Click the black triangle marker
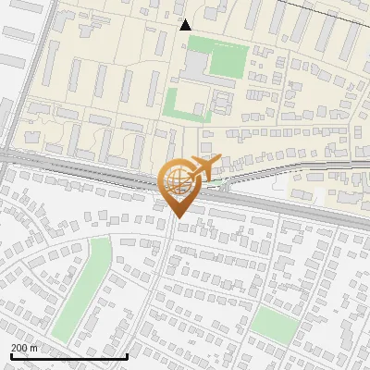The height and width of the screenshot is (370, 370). pos(186,25)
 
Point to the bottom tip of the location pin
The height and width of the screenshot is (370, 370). pos(176,217)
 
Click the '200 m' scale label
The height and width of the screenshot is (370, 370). pos(23,348)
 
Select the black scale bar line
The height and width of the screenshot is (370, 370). pos(68,356)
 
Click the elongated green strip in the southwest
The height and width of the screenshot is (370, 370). pos(80,287)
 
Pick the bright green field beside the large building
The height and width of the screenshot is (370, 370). pos(228,60)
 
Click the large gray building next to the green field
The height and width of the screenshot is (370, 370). pos(195,65)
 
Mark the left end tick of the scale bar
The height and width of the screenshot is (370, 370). pos(10,355)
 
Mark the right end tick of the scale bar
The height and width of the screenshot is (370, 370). pos(127,355)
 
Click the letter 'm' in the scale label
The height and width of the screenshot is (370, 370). pos(33,348)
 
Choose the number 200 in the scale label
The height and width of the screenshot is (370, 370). pos(19,348)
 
